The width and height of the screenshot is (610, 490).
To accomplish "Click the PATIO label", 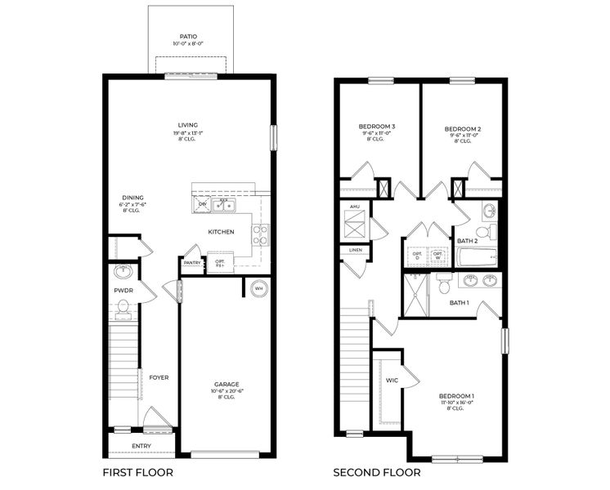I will [x=188, y=37].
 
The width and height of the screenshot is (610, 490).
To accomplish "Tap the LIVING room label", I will [x=188, y=125].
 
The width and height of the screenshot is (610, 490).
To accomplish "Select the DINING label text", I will [x=132, y=198].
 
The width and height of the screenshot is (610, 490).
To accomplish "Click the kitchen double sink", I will [x=223, y=206].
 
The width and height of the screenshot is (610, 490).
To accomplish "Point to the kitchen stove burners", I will [x=261, y=235].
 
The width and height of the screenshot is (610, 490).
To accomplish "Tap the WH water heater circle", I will [x=258, y=288].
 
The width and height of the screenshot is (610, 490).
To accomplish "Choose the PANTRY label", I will [x=192, y=263].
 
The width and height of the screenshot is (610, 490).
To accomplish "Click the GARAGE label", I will [x=227, y=383].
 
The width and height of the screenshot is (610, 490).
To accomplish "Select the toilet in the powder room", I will [x=123, y=307].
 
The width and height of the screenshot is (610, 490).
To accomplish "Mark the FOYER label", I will [x=159, y=377].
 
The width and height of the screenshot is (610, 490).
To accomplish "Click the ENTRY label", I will [x=141, y=445].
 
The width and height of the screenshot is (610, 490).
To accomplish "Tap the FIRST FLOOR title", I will [x=137, y=472].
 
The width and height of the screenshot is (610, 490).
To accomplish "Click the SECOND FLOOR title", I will [x=376, y=472].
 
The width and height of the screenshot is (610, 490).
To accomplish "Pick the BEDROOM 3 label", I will [x=377, y=127].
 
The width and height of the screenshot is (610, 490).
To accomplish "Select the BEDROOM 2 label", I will [x=462, y=128].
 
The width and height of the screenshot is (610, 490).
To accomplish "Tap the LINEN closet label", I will [x=355, y=249].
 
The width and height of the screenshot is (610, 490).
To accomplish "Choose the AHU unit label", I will [x=354, y=207].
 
